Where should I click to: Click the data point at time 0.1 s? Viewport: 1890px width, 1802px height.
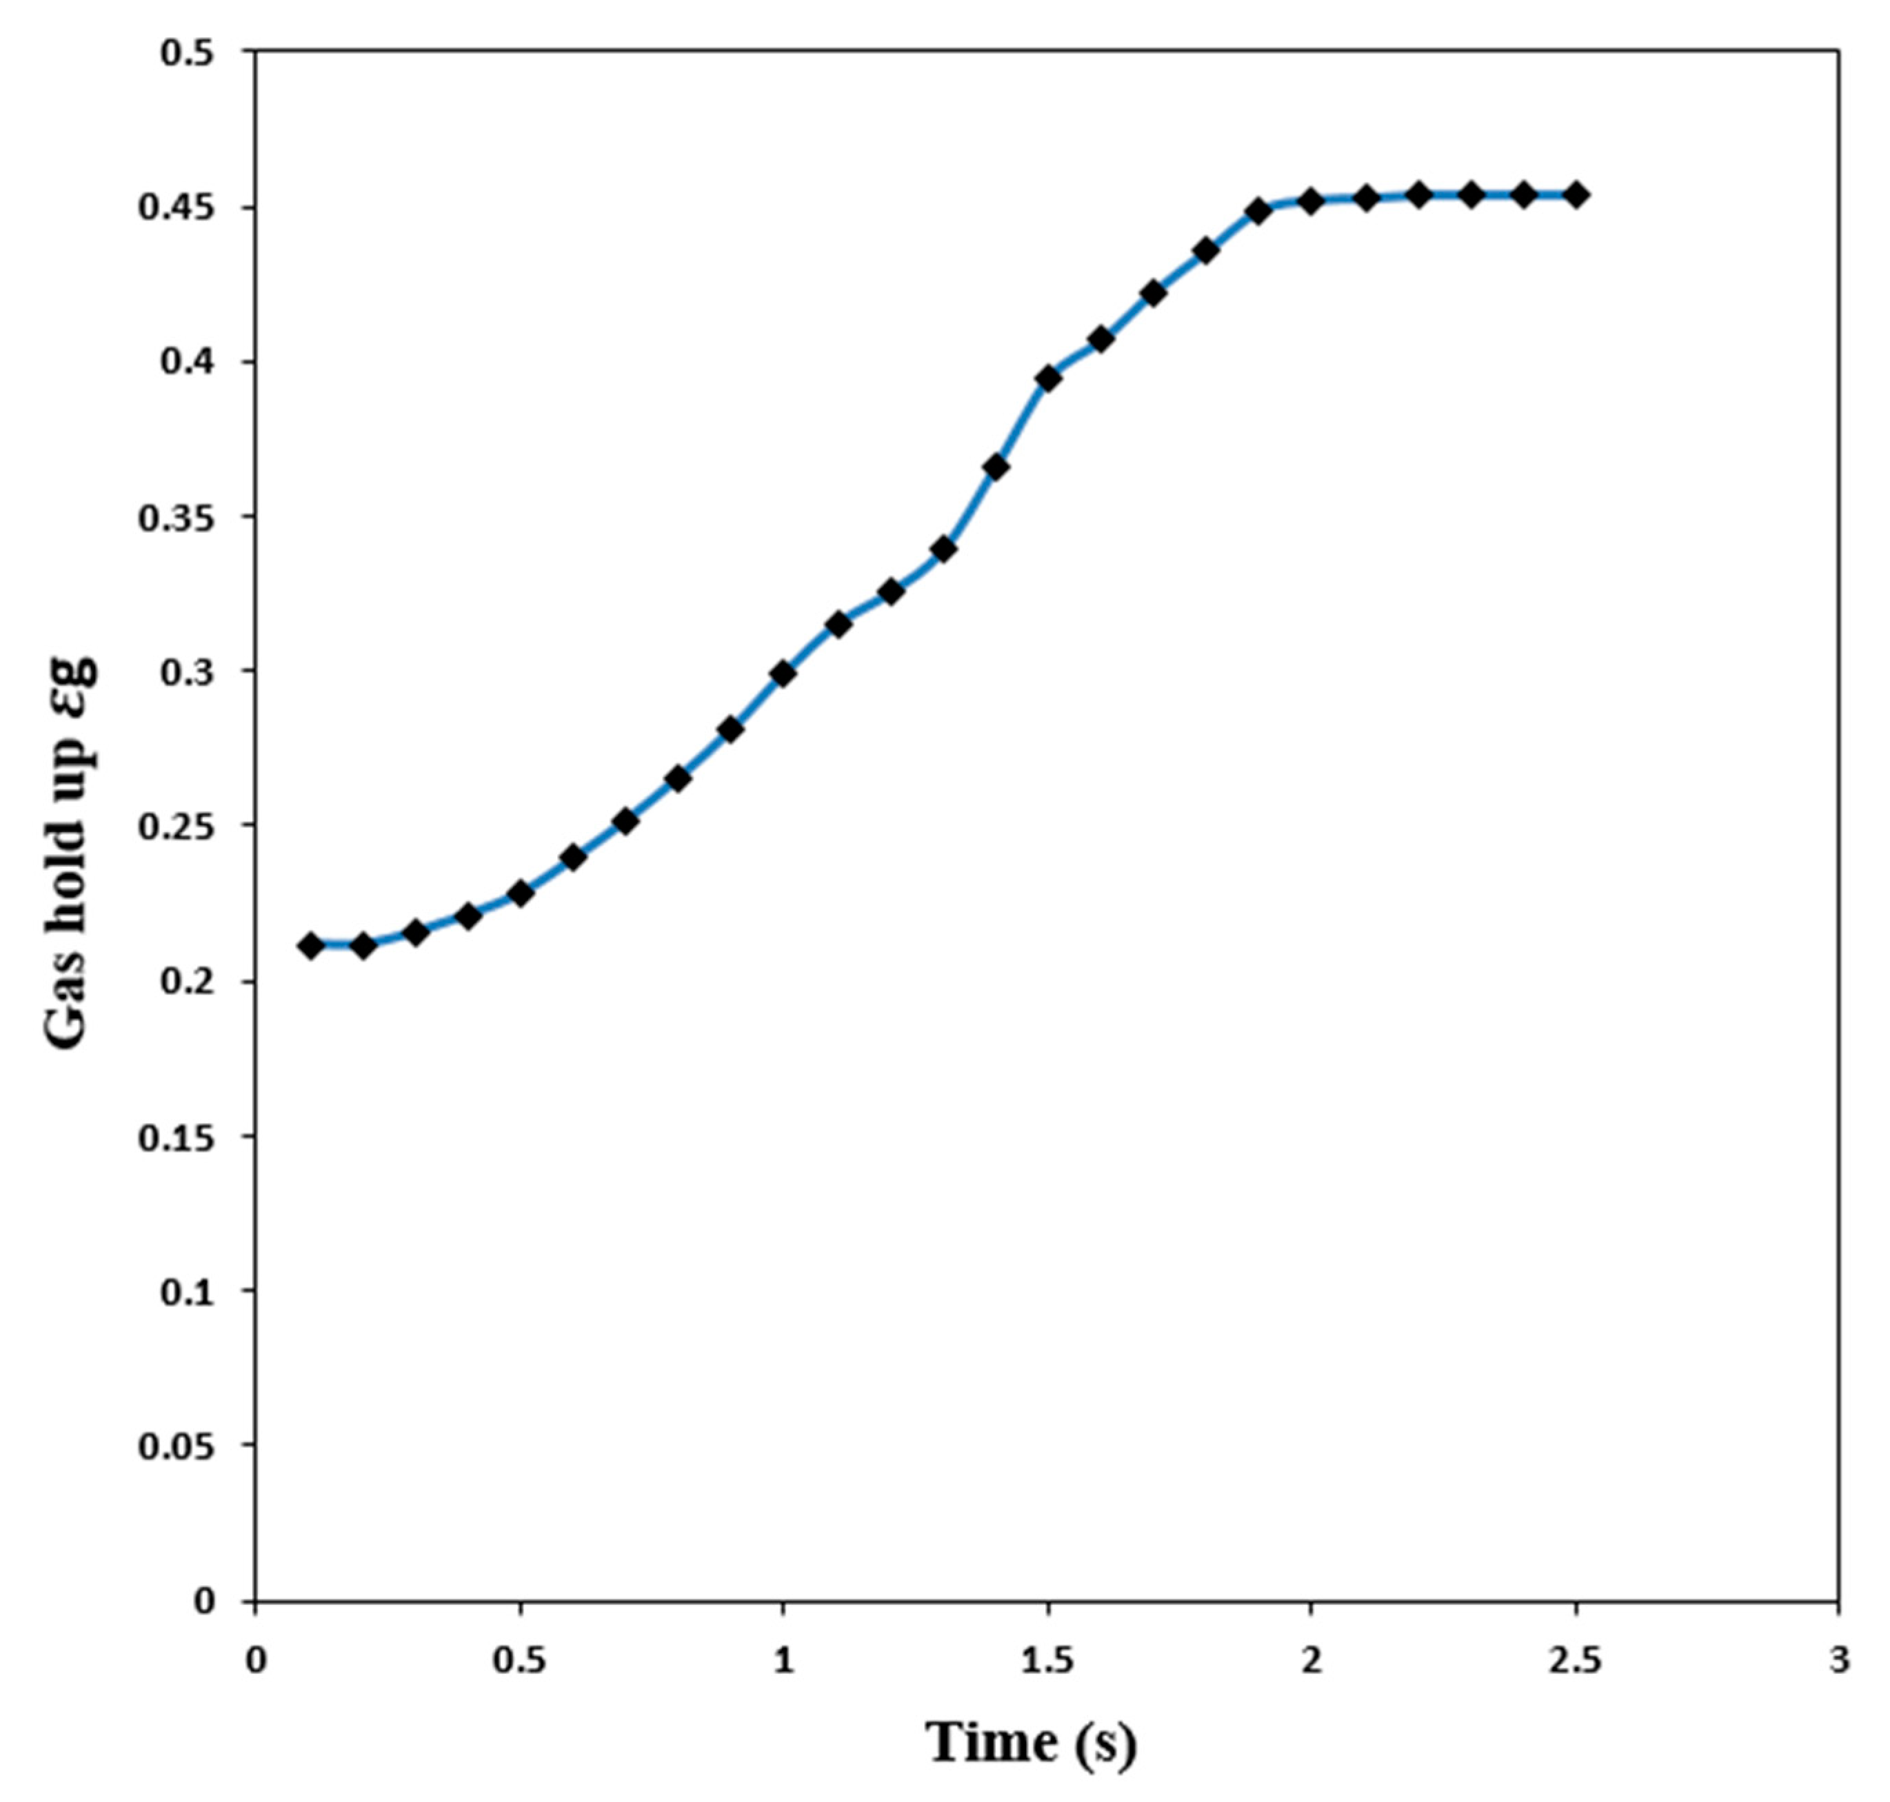tap(310, 945)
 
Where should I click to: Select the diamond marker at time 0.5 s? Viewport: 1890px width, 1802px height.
tap(521, 893)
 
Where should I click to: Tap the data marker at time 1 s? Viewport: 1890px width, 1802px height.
tap(783, 674)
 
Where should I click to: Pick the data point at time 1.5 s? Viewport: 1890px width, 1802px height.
tap(1048, 378)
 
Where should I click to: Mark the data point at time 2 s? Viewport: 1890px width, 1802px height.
tap(1311, 202)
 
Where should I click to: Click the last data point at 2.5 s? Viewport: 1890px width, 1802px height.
tap(1576, 195)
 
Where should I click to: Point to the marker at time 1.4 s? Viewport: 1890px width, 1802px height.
tap(996, 468)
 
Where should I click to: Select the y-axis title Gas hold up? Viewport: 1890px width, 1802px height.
tap(72, 852)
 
